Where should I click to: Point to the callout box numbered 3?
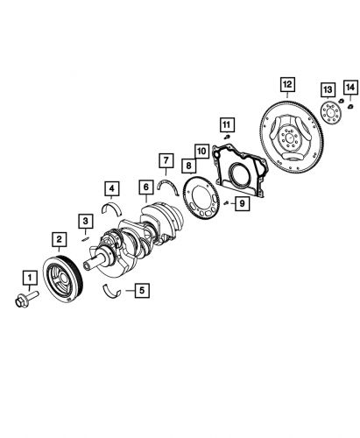pos(86,220)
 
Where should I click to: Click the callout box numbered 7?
pos(165,159)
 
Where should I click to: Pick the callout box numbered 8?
pos(187,164)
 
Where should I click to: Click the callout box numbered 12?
pos(286,85)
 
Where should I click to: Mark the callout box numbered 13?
pos(327,91)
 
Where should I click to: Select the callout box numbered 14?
pos(349,86)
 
